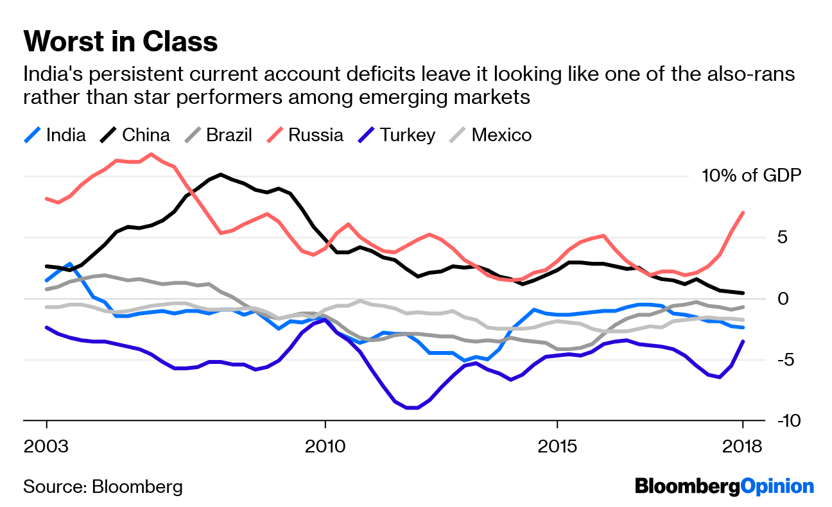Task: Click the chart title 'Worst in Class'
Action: pos(121,42)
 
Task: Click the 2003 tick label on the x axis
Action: pos(46,446)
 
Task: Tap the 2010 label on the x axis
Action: pos(325,446)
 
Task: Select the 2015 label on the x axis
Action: pos(557,446)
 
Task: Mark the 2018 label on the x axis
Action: pos(743,446)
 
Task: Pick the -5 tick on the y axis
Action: pos(790,359)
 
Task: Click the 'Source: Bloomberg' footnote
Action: pos(103,486)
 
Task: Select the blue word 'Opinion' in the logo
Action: pos(777,486)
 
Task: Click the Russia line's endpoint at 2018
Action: pos(743,212)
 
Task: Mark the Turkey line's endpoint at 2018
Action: pos(743,341)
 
